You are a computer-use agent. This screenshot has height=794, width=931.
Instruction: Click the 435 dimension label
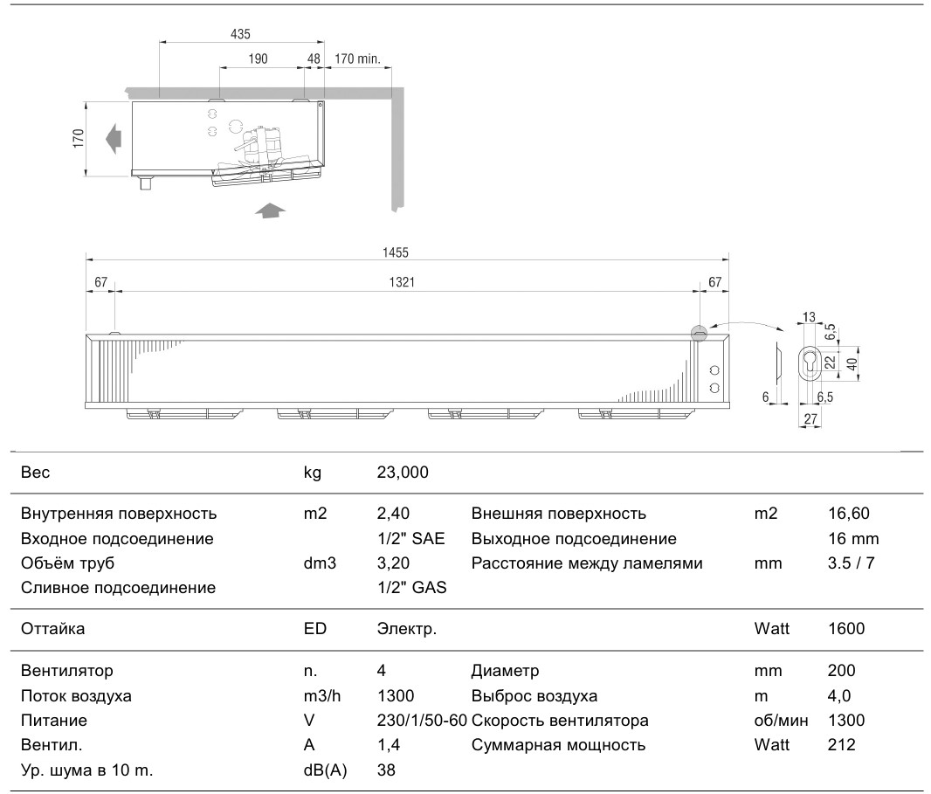click(x=240, y=34)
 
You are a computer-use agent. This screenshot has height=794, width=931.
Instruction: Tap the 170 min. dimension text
click(x=357, y=59)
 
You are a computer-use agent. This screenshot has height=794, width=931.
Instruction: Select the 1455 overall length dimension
click(x=396, y=252)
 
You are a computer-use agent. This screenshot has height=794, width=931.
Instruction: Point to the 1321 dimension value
click(x=402, y=281)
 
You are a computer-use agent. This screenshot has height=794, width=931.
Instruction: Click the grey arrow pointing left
click(x=114, y=139)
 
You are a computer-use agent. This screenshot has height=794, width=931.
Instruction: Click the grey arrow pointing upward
click(x=270, y=211)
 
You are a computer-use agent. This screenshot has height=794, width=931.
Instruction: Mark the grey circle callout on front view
click(x=700, y=333)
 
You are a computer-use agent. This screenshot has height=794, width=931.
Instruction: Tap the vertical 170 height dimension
click(x=79, y=138)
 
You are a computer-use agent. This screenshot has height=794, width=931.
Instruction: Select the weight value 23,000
click(x=403, y=473)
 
